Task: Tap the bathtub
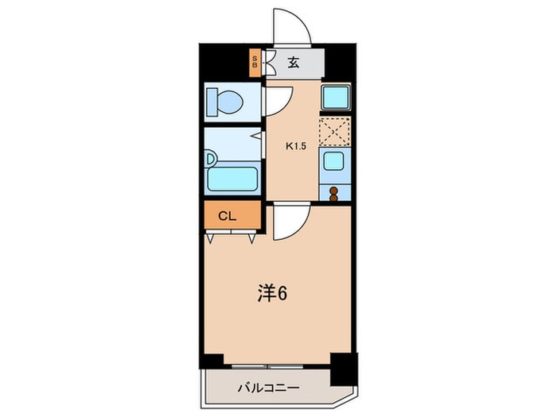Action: [232, 179]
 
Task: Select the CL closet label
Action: [228, 214]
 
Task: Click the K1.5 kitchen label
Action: [296, 145]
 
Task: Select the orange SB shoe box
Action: [255, 63]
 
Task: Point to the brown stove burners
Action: [333, 192]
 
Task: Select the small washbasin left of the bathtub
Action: [210, 159]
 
